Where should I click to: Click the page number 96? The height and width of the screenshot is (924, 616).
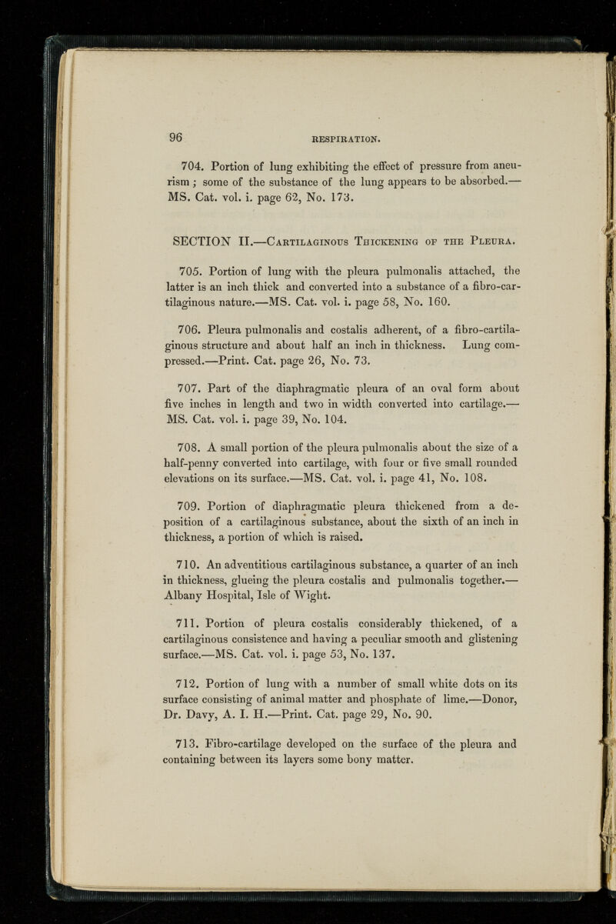(175, 138)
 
